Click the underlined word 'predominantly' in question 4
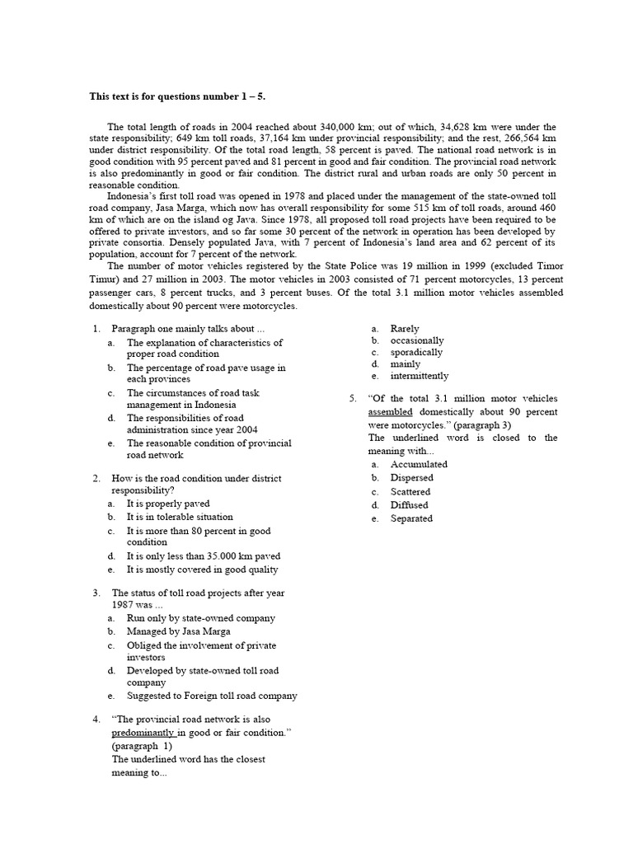click(143, 733)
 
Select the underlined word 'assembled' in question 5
click(390, 411)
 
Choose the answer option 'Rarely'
click(405, 329)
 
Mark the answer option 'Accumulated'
click(419, 464)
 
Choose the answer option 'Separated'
click(411, 518)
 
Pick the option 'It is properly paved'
click(168, 504)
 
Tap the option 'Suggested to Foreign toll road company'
click(212, 696)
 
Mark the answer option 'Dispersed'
click(411, 478)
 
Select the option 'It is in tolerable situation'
click(180, 517)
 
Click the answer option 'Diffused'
click(409, 505)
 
